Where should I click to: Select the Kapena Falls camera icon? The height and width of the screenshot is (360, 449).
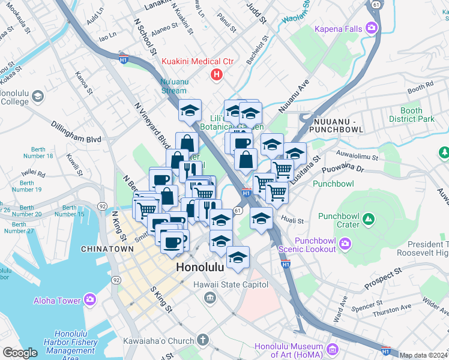(x=372, y=28)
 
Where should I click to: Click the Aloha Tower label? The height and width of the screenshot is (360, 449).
(x=57, y=301)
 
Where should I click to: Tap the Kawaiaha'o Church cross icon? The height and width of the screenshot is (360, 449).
(x=203, y=340)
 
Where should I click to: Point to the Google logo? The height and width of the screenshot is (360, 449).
(x=20, y=353)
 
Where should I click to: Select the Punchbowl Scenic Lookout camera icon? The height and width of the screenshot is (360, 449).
(x=345, y=243)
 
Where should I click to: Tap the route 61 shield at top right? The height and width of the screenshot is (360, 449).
(x=375, y=4)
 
